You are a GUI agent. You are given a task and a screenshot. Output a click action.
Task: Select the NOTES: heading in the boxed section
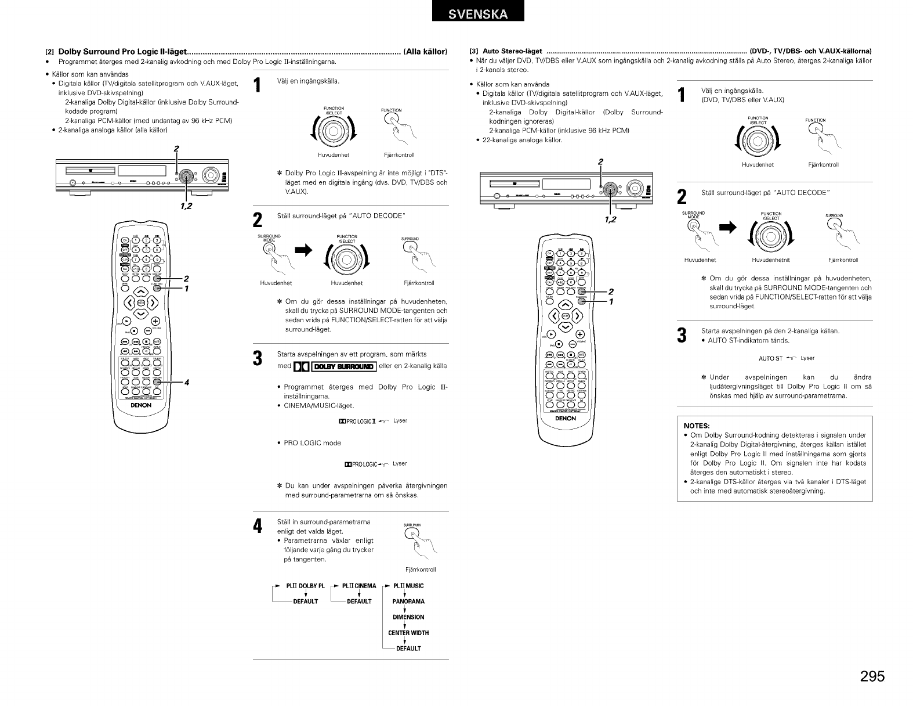[x=697, y=425]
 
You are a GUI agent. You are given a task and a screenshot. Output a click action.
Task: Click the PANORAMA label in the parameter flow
[x=408, y=601]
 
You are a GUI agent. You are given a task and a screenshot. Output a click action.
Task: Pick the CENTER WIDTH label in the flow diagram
[x=408, y=633]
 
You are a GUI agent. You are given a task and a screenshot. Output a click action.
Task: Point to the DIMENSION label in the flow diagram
[x=408, y=617]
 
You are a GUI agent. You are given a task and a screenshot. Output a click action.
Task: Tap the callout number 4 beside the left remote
[x=186, y=381]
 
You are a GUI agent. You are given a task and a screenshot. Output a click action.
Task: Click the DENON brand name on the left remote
[x=142, y=405]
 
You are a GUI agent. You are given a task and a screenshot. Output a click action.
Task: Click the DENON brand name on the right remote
[x=565, y=418]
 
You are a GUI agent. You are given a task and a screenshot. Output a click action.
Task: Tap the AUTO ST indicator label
[x=771, y=358]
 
